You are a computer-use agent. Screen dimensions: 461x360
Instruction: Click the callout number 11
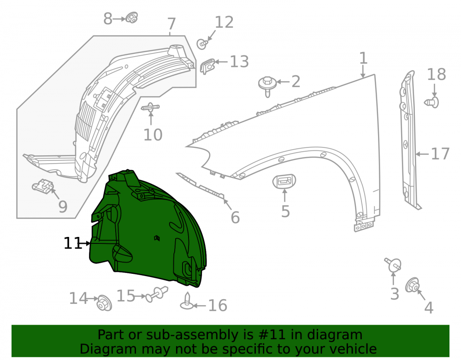coord(72,243)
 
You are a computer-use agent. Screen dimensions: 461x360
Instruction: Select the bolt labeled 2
coord(267,86)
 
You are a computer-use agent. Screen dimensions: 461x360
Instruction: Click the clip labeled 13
coord(207,66)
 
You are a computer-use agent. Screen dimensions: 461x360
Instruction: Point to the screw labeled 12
coord(202,44)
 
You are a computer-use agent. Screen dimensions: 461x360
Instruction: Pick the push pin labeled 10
coord(150,107)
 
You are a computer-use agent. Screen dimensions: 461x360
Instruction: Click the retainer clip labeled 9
coord(43,186)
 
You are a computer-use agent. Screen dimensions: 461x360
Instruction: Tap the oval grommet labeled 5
coord(284,181)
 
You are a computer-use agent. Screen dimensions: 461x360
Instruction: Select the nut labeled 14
coord(104,303)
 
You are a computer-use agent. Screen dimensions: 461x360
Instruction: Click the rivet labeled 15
coord(157,294)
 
